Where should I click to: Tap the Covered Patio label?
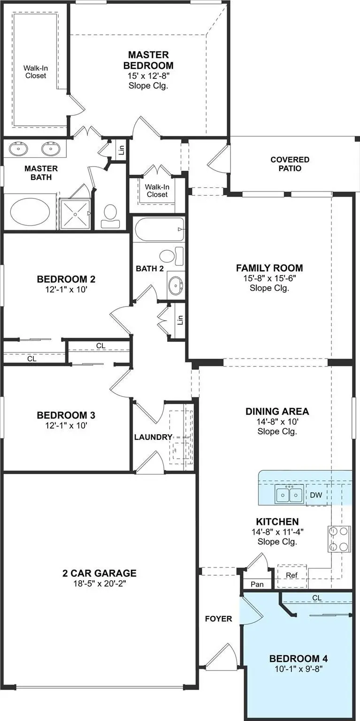tap(290, 164)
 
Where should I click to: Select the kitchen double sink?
tap(288, 494)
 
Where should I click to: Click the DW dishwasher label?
tap(316, 495)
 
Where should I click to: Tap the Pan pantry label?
tap(257, 584)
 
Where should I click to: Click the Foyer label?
tap(218, 619)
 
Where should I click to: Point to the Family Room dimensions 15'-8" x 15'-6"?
tap(269, 278)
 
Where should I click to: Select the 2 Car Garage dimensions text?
tap(100, 583)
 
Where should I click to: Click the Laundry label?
tap(153, 437)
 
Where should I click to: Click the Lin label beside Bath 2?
tap(180, 320)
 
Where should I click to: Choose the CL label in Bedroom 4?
tap(317, 598)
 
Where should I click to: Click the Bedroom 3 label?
tap(66, 415)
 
